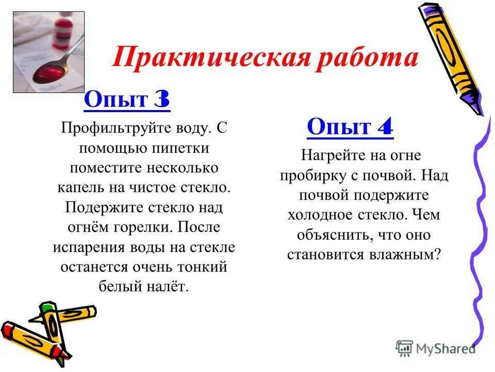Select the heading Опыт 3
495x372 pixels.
(126, 99)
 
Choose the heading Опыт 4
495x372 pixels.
(350, 127)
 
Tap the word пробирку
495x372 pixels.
(307, 175)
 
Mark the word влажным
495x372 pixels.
(404, 254)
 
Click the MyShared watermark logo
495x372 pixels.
(435, 348)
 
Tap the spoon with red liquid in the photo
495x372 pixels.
(49, 71)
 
